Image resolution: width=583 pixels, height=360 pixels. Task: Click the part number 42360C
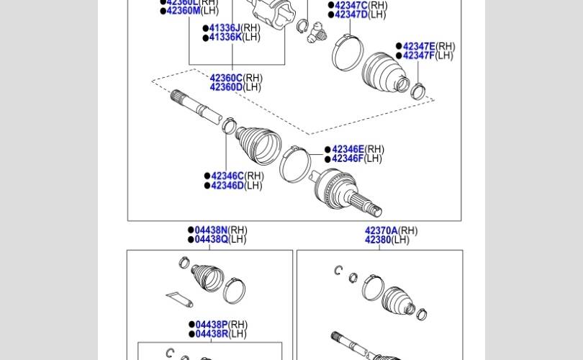tap(226, 78)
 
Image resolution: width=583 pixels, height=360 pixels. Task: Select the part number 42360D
tap(226, 87)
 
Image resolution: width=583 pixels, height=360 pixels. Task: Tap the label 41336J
tap(225, 28)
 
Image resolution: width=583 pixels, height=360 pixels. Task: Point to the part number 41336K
tap(225, 37)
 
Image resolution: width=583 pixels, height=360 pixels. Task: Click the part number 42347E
tap(419, 46)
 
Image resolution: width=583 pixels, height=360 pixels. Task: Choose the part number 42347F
tap(418, 55)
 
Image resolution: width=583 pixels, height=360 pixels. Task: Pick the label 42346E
tap(348, 149)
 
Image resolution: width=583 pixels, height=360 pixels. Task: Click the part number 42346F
tap(348, 158)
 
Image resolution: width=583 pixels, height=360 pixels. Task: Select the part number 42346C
tap(227, 176)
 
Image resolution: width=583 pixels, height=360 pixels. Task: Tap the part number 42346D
tap(227, 185)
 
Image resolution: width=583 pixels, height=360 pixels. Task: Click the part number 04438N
tap(211, 230)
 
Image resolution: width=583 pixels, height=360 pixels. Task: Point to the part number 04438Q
tap(211, 239)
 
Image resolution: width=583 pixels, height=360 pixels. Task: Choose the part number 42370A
tap(381, 231)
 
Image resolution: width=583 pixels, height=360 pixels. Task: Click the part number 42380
tap(378, 240)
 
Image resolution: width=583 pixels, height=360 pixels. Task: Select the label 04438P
tap(211, 325)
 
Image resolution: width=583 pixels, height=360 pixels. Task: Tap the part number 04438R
tap(211, 333)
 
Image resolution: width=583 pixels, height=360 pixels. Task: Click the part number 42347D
tap(351, 14)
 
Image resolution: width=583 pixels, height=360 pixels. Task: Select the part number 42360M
tap(183, 11)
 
